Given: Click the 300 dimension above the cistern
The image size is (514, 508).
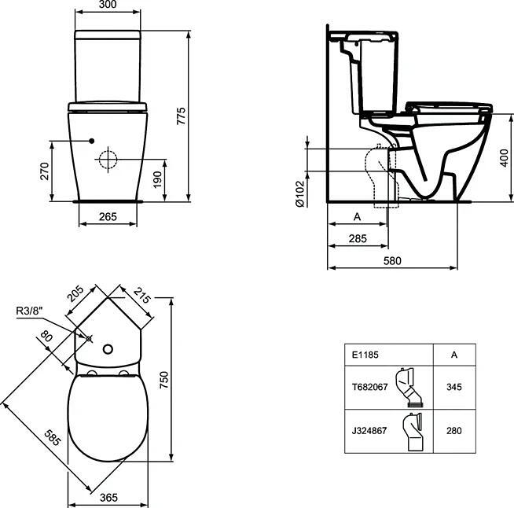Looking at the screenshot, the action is pyautogui.click(x=107, y=4).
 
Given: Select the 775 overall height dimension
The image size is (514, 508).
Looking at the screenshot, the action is pyautogui.click(x=181, y=116).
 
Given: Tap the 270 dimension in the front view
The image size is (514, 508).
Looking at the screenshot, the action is pyautogui.click(x=45, y=171).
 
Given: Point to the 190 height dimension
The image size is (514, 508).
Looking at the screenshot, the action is pyautogui.click(x=158, y=179).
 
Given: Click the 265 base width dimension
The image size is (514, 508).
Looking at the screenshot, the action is pyautogui.click(x=108, y=217).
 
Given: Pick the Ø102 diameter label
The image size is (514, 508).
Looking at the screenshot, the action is pyautogui.click(x=300, y=193).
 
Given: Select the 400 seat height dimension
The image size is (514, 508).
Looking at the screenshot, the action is pyautogui.click(x=505, y=158).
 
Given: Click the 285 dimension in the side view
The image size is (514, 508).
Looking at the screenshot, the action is pyautogui.click(x=358, y=238).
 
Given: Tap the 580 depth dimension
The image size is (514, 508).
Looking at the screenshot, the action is pyautogui.click(x=392, y=261).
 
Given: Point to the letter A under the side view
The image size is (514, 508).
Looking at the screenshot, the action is pyautogui.click(x=358, y=217).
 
